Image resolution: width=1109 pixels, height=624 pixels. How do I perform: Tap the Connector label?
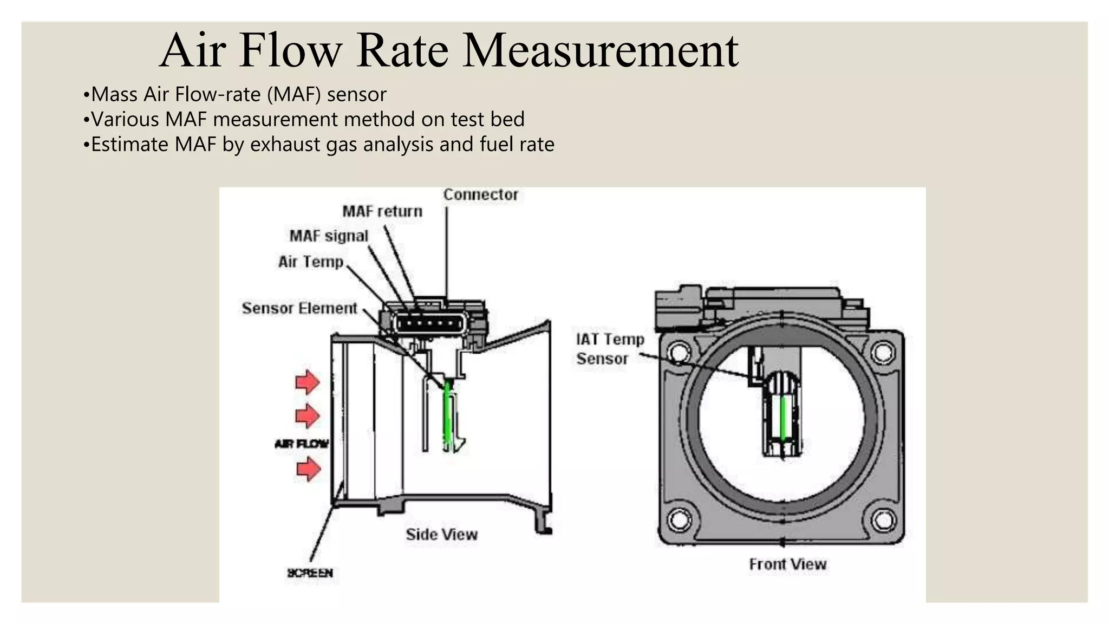480,194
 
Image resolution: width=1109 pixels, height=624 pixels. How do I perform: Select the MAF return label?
382,211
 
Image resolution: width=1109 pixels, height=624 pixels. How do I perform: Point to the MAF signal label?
329,236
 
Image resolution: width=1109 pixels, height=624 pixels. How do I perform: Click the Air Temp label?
311,262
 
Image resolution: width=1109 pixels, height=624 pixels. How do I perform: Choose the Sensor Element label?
299,308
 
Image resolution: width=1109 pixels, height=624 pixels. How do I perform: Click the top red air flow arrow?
308,382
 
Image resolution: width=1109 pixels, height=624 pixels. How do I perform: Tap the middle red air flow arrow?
308,416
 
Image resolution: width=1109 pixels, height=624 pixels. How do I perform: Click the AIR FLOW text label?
302,444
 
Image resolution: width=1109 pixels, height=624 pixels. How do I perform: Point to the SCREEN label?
310,573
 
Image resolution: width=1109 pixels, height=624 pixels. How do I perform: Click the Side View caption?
441,535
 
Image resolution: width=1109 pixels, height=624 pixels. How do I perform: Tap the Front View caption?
787,564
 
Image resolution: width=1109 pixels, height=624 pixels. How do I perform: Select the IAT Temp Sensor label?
610,349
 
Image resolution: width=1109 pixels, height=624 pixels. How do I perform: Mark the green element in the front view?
783,417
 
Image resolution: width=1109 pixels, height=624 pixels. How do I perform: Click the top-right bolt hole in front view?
883,353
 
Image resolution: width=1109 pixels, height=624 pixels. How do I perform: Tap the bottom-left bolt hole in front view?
679,521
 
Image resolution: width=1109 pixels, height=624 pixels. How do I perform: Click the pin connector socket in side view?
430,324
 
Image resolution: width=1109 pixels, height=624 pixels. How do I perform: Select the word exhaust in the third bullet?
285,145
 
